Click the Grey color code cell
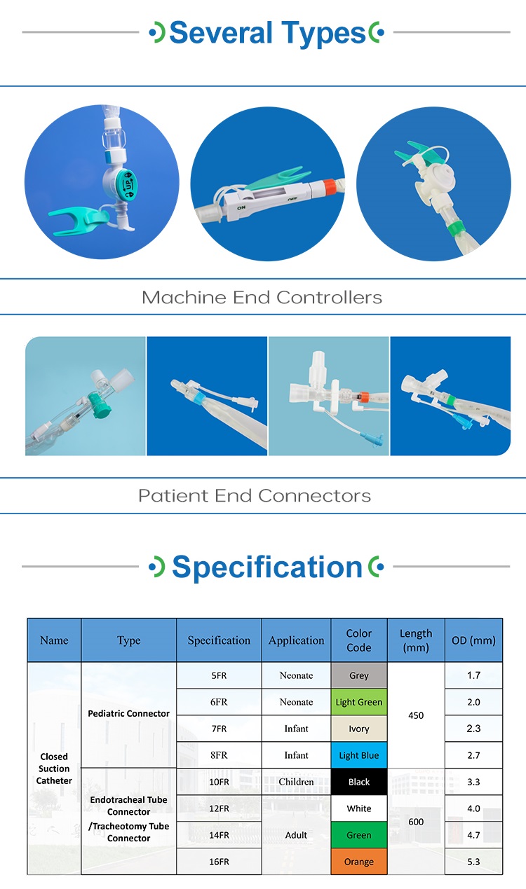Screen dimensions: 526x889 [x=359, y=675]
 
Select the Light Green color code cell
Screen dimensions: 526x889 [x=359, y=702]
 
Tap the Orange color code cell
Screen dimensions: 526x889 [x=359, y=862]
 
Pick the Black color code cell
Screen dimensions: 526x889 [x=359, y=781]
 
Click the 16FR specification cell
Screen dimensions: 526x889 [x=219, y=862]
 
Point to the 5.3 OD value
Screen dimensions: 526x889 [x=473, y=862]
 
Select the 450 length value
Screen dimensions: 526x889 [x=416, y=715]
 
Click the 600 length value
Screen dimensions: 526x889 [x=416, y=822]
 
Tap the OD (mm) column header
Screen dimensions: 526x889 [x=473, y=640]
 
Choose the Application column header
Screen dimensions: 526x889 [x=297, y=640]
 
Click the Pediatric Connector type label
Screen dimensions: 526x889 [x=129, y=713]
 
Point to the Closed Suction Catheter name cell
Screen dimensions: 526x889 [x=54, y=769]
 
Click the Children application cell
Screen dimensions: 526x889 [x=297, y=781]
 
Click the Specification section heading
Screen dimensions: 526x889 [x=267, y=567]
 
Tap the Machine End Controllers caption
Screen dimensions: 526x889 [x=262, y=297]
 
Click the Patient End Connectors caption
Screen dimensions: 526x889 [x=255, y=496]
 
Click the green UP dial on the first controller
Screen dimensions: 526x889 [x=127, y=185]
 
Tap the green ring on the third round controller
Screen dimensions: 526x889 [x=456, y=229]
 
